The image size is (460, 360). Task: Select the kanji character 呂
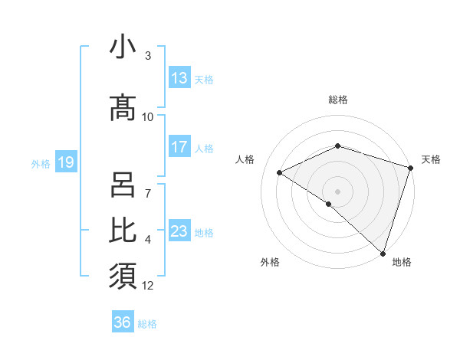(123, 186)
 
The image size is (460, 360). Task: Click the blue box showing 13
(179, 78)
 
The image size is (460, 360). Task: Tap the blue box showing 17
(179, 147)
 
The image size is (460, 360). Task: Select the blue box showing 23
(179, 231)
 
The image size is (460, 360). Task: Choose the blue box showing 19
(65, 162)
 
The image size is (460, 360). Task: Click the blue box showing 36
(123, 322)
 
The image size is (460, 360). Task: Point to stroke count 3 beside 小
(148, 56)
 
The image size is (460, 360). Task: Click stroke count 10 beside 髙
(148, 116)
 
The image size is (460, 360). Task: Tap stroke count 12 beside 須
(148, 286)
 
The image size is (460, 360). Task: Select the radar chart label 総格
(338, 100)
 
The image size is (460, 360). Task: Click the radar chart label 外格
(270, 262)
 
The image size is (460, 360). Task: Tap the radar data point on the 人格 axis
(280, 173)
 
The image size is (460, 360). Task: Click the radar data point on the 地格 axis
(383, 253)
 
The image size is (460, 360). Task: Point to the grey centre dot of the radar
(337, 191)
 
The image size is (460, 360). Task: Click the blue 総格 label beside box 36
(147, 324)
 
